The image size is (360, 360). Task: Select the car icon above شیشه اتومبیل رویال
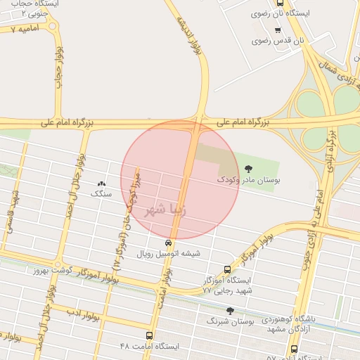[167, 243]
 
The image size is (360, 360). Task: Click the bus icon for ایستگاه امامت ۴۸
[149, 335]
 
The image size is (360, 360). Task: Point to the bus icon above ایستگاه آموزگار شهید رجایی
[226, 269]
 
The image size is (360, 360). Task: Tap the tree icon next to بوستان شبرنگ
[230, 310]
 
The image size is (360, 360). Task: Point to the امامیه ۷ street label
[18, 30]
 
